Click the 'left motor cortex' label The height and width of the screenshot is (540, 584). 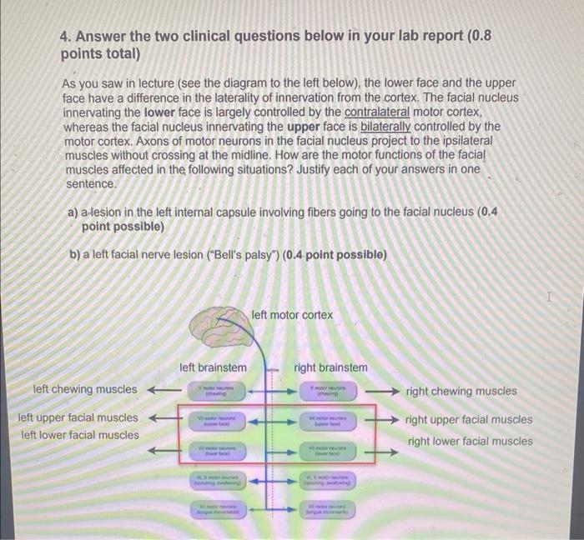pos(291,314)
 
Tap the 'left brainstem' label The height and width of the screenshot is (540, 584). pos(213,367)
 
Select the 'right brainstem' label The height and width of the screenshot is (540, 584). pos(330,367)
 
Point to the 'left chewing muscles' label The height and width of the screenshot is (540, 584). pos(85,389)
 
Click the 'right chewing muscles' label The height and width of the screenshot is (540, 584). pos(461,391)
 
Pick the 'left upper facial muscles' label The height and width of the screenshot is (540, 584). pos(78,417)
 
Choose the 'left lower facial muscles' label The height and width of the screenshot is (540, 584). pos(80,434)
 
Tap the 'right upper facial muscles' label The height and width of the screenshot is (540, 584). pos(469,419)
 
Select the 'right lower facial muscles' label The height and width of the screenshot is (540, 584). pos(470,441)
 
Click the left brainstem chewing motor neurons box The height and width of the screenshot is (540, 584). pos(216,390)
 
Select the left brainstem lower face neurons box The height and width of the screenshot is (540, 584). pos(216,452)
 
